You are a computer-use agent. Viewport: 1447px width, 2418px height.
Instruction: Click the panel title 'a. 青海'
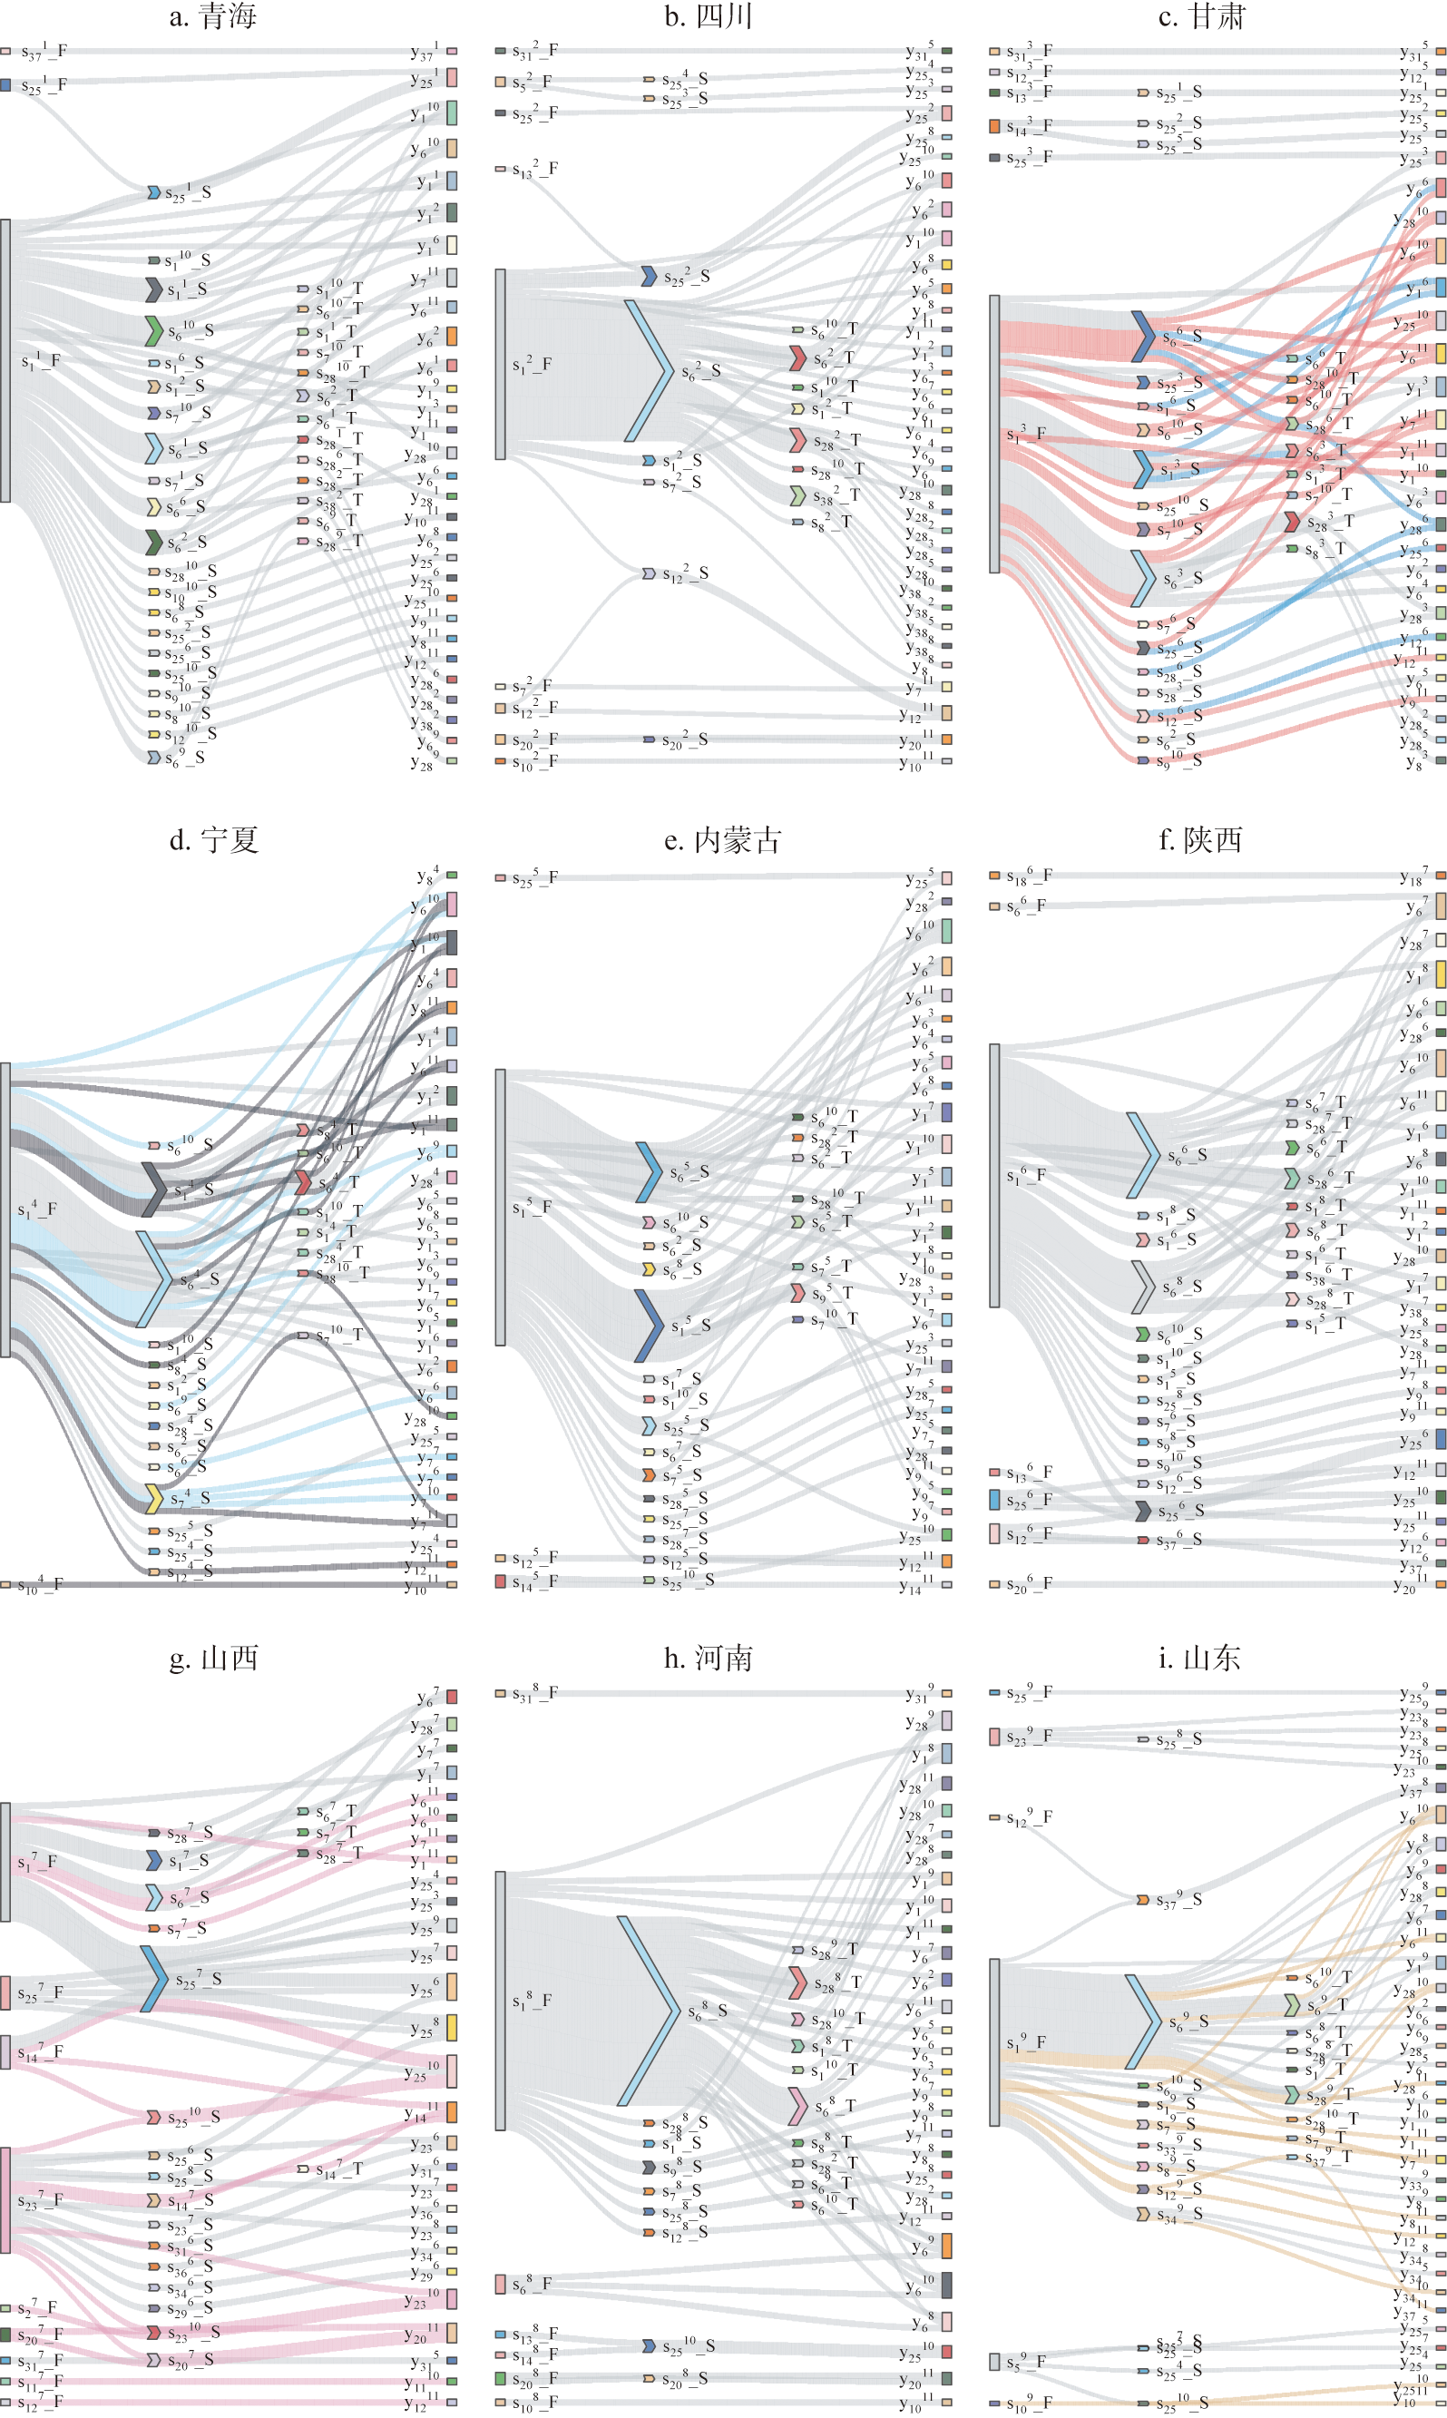click(212, 16)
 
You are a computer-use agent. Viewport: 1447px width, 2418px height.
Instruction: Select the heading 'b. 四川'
click(708, 16)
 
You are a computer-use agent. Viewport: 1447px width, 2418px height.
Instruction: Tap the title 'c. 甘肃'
click(1201, 16)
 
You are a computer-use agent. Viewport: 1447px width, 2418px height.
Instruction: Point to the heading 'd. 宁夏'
click(212, 839)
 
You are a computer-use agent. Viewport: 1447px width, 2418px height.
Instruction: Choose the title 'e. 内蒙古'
click(722, 839)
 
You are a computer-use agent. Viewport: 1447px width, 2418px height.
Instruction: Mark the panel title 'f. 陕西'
click(1200, 839)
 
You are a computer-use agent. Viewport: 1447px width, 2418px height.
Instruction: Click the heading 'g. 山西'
click(212, 1658)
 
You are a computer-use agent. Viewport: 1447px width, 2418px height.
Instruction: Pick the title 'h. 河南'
click(708, 1658)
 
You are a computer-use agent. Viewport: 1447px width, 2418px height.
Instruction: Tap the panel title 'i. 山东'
click(1199, 1658)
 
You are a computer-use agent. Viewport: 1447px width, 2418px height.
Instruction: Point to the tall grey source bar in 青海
click(5, 360)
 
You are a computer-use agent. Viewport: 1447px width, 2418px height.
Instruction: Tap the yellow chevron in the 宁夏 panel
click(154, 1499)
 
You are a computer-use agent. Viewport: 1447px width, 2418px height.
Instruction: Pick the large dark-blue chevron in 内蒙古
click(650, 1325)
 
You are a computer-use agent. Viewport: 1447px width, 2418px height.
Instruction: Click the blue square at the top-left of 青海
click(5, 86)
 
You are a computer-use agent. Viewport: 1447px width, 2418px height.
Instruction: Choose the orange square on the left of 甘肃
click(994, 127)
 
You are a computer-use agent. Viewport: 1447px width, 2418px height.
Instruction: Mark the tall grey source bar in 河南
click(500, 2000)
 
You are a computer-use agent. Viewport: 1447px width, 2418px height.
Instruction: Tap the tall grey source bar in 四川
click(500, 364)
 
